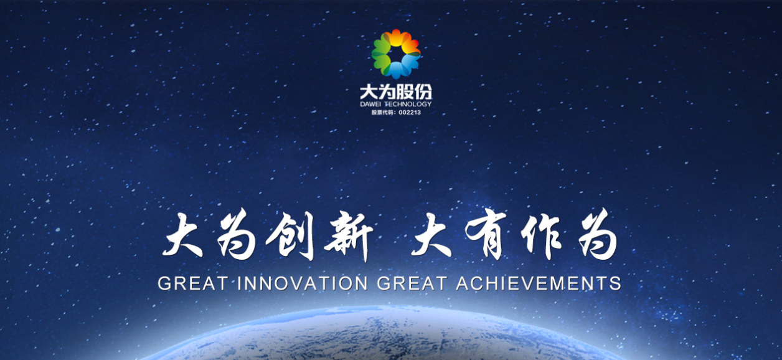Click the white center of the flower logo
point(396,54)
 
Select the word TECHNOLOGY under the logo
point(408,104)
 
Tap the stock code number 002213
point(410,113)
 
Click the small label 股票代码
point(382,113)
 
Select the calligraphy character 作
point(541,235)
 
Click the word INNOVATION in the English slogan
point(303,283)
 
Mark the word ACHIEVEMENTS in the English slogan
point(539,283)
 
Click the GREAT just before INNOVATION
point(193,283)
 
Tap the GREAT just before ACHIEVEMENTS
point(412,283)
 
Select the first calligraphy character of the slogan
point(182,235)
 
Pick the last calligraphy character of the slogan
point(598,235)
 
